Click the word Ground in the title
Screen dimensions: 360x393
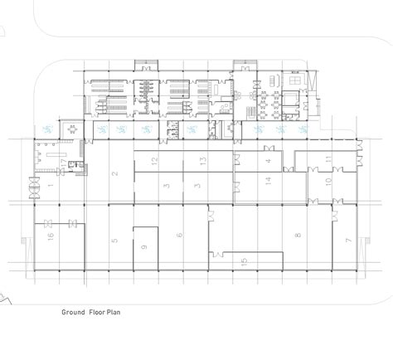point(75,314)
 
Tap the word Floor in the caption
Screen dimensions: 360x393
point(102,314)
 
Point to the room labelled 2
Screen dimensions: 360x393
point(114,173)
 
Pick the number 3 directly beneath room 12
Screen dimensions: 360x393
point(165,186)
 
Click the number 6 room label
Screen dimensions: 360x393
point(179,236)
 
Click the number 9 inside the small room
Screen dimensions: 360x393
point(143,246)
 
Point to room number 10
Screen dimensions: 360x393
point(327,180)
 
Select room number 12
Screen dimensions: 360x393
point(154,158)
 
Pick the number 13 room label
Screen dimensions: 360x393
point(201,158)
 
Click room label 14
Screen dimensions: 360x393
point(268,180)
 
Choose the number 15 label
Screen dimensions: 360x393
point(244,263)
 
